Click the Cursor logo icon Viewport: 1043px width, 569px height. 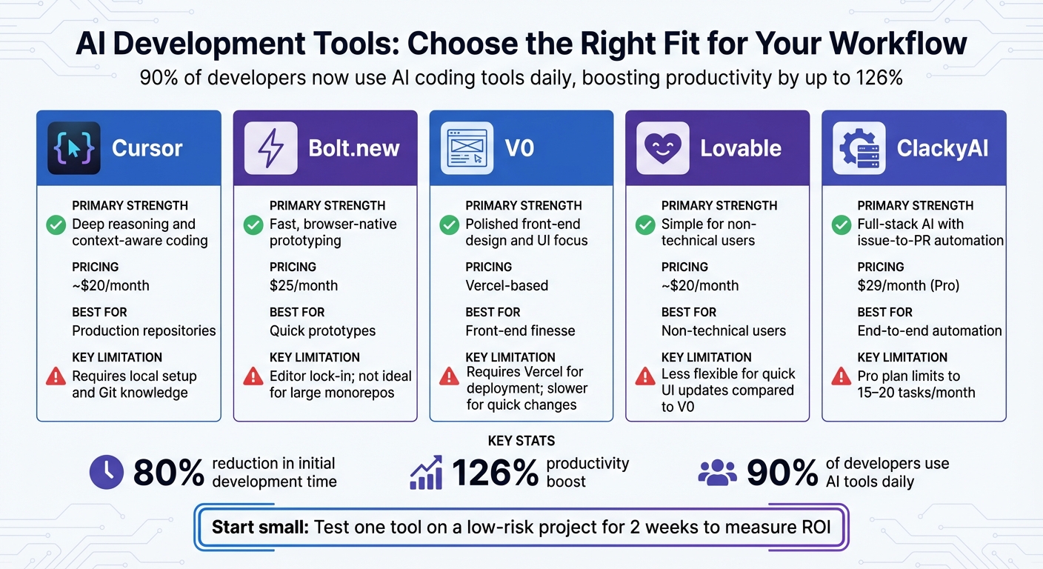click(x=73, y=148)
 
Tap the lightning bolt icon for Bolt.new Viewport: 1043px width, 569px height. click(x=270, y=148)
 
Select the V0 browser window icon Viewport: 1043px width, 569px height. click(x=467, y=148)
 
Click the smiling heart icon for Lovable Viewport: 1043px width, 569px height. click(x=663, y=148)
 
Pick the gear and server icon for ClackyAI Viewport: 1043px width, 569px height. click(x=859, y=148)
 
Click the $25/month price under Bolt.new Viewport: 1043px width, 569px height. click(x=304, y=285)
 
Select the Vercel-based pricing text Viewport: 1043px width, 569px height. click(x=507, y=285)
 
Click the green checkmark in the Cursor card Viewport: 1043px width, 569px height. click(x=56, y=224)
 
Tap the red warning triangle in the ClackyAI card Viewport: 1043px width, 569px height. click(x=842, y=376)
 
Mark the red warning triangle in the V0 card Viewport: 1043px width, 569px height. click(x=449, y=376)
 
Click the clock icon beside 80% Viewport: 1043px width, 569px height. click(x=107, y=473)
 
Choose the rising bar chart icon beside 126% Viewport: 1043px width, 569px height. click(x=426, y=473)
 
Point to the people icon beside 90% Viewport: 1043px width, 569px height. click(x=717, y=473)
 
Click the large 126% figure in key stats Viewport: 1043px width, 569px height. click(x=495, y=473)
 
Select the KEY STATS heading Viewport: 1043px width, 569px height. click(x=521, y=441)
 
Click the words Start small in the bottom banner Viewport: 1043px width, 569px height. click(x=260, y=528)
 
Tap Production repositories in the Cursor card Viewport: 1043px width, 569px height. click(x=144, y=330)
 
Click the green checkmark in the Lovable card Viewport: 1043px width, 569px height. click(x=645, y=224)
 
